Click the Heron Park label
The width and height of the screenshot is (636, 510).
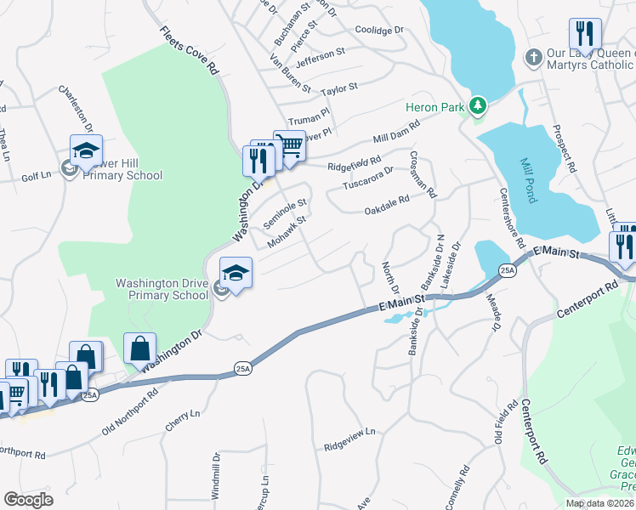434,105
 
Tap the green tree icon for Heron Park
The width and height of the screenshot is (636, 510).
479,105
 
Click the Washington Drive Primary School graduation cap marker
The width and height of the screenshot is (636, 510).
236,272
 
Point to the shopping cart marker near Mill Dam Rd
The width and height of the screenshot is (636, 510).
289,145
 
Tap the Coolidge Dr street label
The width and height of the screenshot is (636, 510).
379,31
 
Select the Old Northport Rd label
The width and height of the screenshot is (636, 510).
130,412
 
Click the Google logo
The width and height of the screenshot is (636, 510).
28,500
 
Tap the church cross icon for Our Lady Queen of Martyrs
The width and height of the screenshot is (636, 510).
532,58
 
